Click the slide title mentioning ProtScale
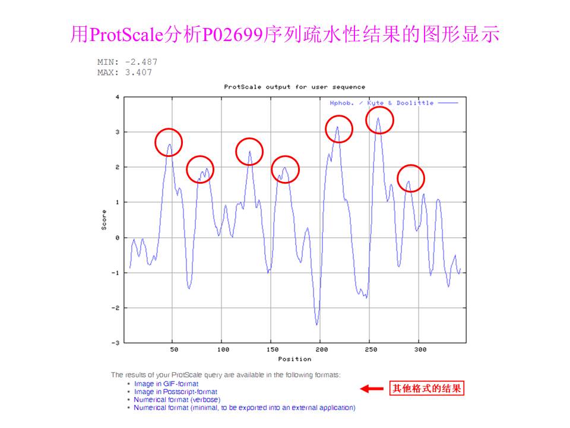285,34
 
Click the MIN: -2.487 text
127,62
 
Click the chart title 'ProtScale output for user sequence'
294,87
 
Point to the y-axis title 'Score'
104,220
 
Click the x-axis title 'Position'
294,358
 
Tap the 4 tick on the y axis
117,97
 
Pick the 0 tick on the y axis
117,238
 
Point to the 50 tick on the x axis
174,350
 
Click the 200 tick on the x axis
320,350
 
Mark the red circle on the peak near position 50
169,142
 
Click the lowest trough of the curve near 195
317,324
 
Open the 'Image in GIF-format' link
166,384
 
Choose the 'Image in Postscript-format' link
176,392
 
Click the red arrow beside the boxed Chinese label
372,389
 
